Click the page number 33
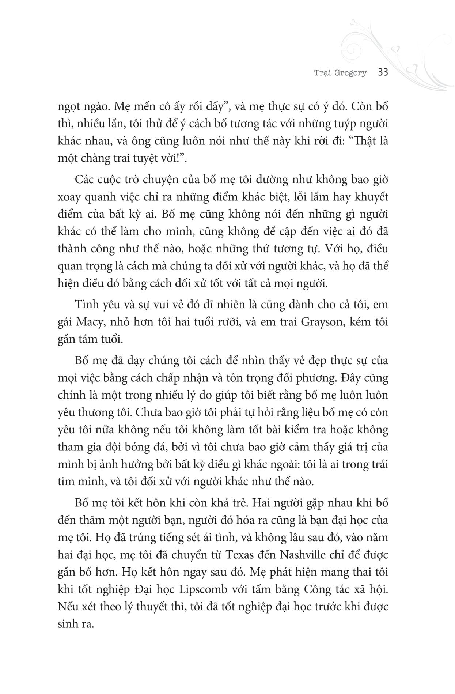pos(383,72)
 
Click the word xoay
pos(69,197)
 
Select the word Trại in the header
pos(323,73)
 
